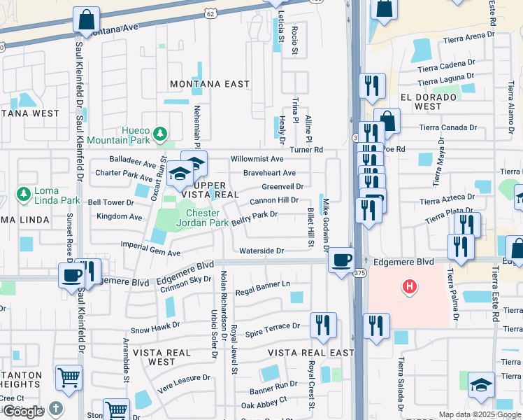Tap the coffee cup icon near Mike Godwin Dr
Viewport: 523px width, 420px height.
tap(341, 260)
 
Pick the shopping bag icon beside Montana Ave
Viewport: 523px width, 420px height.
tap(86, 20)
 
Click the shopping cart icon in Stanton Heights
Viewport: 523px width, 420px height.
tap(69, 378)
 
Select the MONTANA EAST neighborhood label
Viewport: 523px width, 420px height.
tap(210, 84)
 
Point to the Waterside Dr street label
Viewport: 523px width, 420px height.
tap(261, 251)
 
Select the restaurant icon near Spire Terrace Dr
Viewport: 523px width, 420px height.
tap(323, 325)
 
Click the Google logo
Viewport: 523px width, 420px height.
tap(23, 412)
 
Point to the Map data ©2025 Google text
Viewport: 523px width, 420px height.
tap(480, 414)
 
